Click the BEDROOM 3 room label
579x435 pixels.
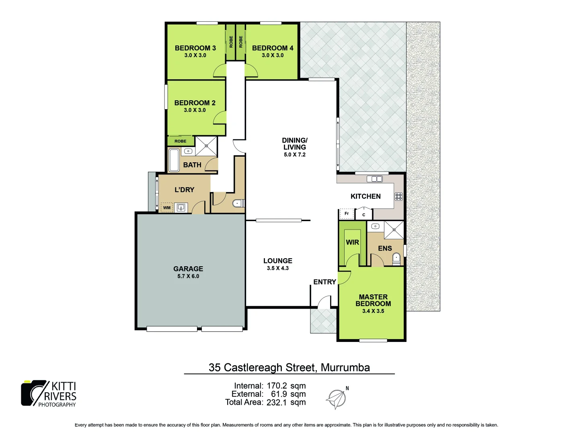pos(195,48)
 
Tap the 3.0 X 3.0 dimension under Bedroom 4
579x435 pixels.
pos(273,56)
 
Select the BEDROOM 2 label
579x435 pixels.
pos(195,103)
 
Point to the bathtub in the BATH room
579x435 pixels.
pos(174,160)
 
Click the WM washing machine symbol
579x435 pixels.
pos(167,208)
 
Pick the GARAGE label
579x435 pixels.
pos(188,269)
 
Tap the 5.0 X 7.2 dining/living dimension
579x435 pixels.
pos(294,155)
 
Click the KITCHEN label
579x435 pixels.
pos(365,196)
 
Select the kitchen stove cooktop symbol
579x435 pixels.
pos(398,197)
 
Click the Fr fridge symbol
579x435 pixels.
pos(347,213)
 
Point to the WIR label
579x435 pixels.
pos(352,242)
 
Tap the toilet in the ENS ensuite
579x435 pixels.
pos(396,258)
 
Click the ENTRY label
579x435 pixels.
pos(324,282)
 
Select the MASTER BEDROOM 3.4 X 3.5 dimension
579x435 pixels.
pos(373,311)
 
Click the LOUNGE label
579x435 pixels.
pos(278,261)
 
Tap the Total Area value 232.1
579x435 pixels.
pos(277,402)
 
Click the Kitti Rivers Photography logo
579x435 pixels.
pos(49,394)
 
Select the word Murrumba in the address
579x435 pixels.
pos(345,368)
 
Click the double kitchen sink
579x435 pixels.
pos(374,179)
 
